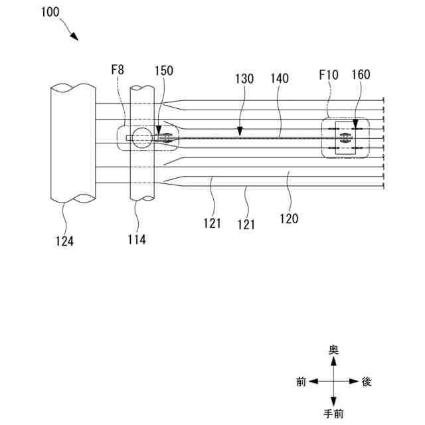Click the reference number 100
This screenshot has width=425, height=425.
tap(54, 11)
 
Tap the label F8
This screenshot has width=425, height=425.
tap(118, 70)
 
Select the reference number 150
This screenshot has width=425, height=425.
tap(165, 70)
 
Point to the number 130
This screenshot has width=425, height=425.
tap(244, 78)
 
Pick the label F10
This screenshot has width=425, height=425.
tap(328, 76)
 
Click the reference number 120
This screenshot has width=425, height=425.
tap(289, 217)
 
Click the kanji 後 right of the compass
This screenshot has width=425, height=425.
tap(367, 382)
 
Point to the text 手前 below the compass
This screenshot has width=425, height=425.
tap(334, 414)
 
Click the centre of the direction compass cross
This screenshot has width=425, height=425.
tap(334, 382)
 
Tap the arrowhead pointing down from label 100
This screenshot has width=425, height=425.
tap(76, 37)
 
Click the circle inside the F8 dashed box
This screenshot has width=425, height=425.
tap(140, 138)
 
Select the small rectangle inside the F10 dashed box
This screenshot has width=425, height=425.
tap(345, 138)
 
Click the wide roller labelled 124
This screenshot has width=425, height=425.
tap(72, 143)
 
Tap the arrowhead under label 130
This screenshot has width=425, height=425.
tap(240, 133)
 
